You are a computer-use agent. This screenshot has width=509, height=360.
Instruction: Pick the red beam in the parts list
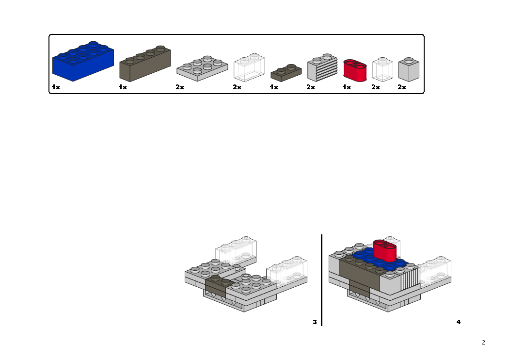(x=355, y=69)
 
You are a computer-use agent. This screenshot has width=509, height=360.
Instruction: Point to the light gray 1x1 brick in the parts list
(x=409, y=70)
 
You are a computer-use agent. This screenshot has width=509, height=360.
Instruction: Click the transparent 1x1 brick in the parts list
(x=382, y=69)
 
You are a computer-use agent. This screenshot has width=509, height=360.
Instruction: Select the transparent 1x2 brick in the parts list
(x=249, y=68)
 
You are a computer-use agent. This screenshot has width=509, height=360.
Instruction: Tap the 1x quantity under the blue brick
(x=56, y=87)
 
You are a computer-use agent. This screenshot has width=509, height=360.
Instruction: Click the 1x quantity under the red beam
(x=347, y=87)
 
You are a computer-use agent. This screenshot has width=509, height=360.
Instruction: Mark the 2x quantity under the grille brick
(x=311, y=87)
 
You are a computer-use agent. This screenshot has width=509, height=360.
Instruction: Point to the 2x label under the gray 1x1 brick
(x=402, y=87)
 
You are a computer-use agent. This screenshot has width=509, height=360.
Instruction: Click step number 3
(x=315, y=322)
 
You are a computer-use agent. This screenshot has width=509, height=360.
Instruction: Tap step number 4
(x=459, y=322)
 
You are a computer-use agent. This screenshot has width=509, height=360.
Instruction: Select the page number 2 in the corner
(x=483, y=342)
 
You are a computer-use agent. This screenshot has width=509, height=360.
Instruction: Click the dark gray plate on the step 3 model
(x=216, y=286)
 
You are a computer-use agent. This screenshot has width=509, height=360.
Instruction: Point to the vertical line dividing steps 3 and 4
(x=321, y=280)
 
